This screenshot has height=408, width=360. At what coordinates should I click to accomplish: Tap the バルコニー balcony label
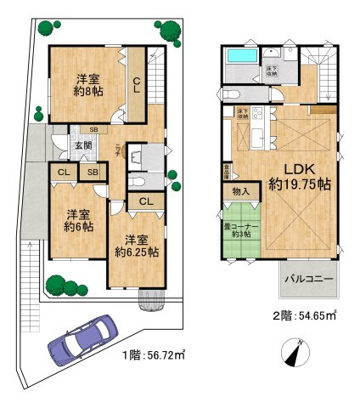point(307,277)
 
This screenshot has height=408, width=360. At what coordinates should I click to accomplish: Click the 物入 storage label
point(241,192)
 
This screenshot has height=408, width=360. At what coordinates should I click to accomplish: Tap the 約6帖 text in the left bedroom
point(79,228)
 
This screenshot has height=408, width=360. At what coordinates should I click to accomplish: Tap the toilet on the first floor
point(141,182)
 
